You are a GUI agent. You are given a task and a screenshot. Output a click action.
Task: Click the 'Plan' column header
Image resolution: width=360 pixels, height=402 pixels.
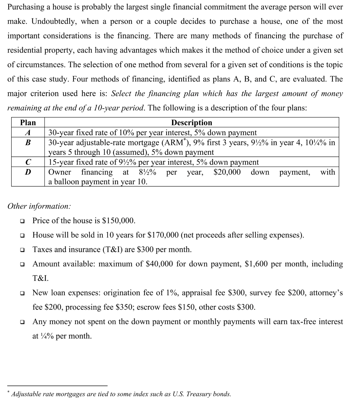pyautogui.click(x=28, y=123)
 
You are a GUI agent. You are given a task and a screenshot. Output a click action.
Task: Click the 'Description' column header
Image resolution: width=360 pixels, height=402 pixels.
pyautogui.click(x=191, y=123)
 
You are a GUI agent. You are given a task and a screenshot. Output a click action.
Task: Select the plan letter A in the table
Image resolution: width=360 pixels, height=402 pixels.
pyautogui.click(x=28, y=132)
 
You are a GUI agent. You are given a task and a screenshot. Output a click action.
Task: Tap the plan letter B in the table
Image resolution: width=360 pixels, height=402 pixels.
pyautogui.click(x=28, y=142)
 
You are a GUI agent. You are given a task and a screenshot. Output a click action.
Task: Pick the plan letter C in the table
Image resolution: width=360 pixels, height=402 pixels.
pyautogui.click(x=28, y=162)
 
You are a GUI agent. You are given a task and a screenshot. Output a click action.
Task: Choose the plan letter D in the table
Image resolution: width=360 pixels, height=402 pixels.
pyautogui.click(x=28, y=172)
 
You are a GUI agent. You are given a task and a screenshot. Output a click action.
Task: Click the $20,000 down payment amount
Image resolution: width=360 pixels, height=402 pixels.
pyautogui.click(x=227, y=172)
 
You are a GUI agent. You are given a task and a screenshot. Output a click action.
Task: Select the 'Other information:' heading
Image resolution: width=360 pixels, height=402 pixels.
pyautogui.click(x=39, y=206)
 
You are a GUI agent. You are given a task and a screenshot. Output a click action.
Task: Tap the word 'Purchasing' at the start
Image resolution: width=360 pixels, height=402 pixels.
pyautogui.click(x=26, y=7)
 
